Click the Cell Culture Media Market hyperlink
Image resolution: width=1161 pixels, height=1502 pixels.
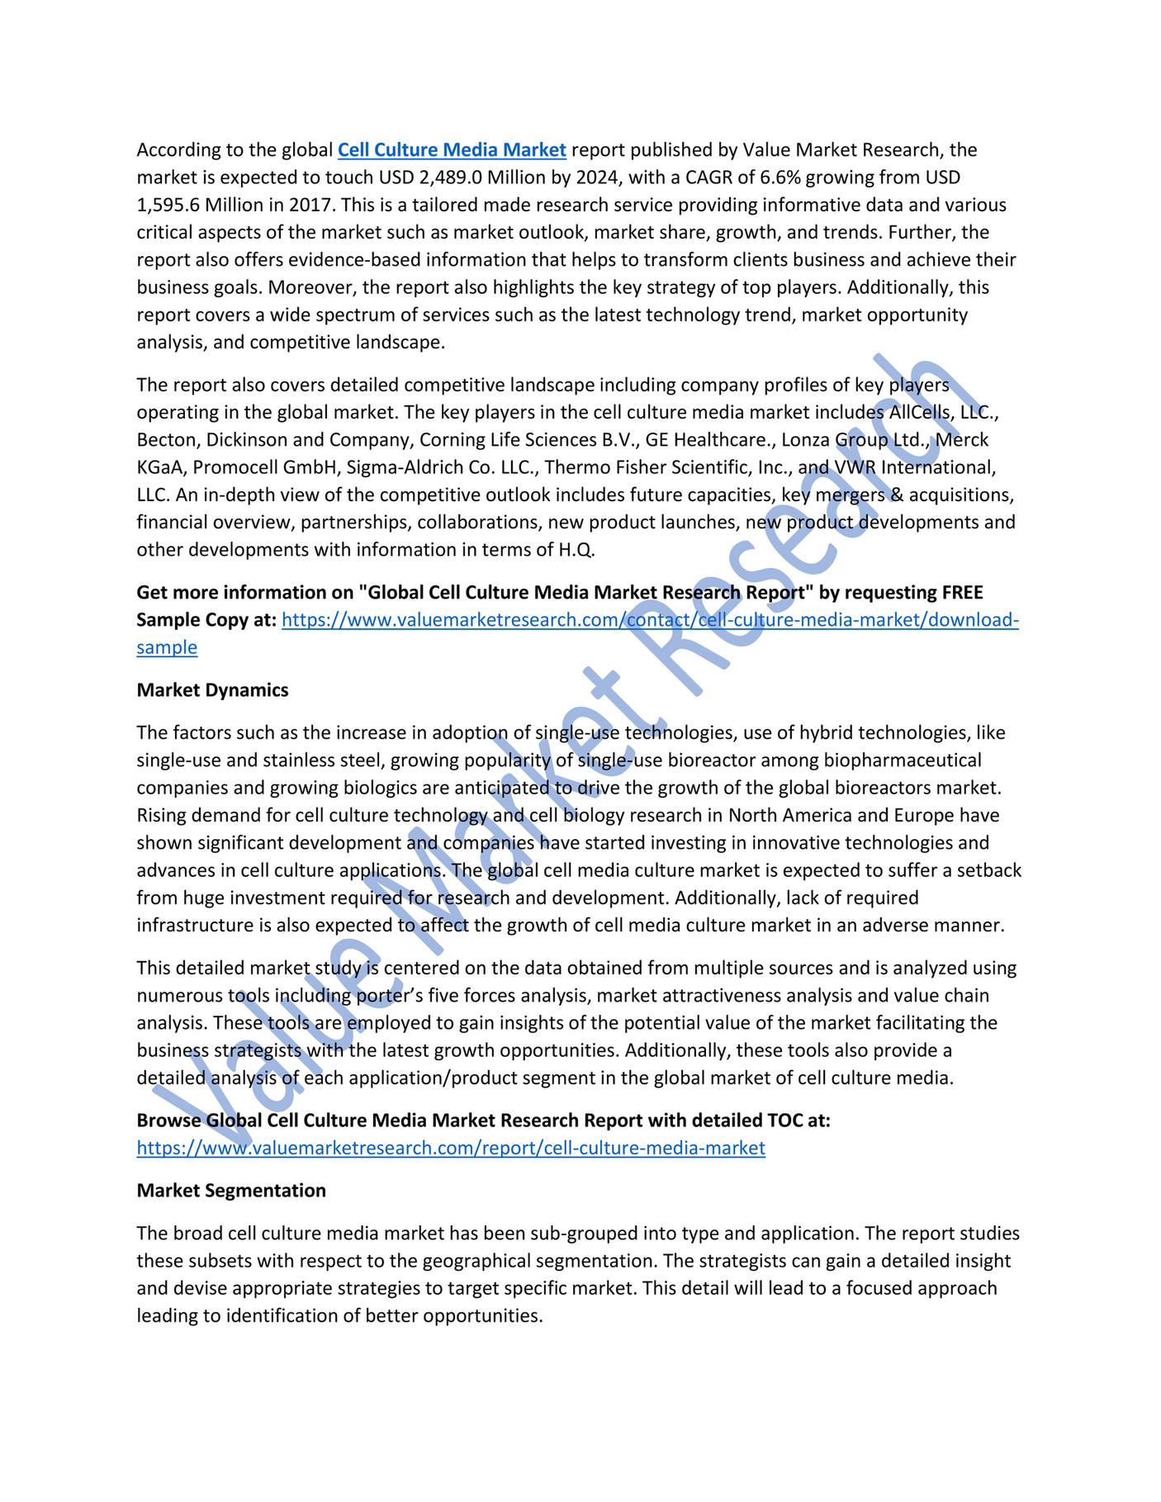pos(452,150)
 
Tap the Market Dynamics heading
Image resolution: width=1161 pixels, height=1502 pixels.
pos(212,690)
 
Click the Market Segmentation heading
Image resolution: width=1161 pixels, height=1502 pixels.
pos(231,1191)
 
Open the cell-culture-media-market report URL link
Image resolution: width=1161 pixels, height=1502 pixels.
pos(451,1148)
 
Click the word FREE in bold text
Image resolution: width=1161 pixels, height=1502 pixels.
pos(962,593)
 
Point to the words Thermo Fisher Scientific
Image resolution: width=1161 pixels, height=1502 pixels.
pos(652,467)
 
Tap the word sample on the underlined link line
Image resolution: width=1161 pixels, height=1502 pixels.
pos(167,647)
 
